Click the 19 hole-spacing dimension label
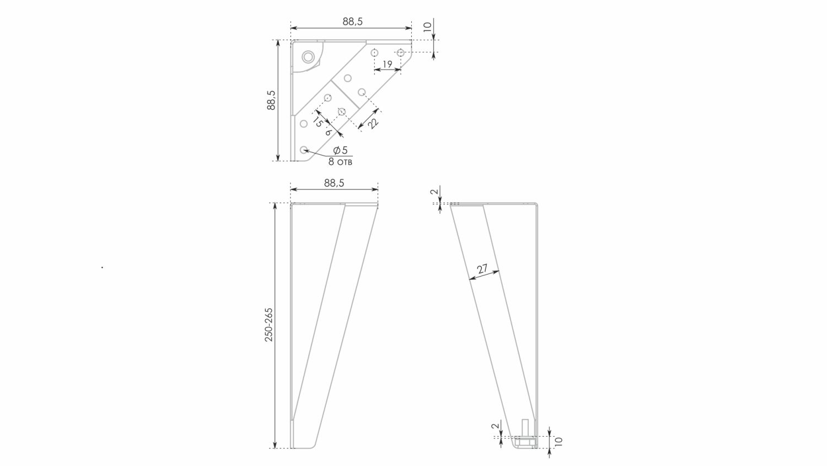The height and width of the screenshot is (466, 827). pyautogui.click(x=387, y=65)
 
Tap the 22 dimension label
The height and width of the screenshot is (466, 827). pyautogui.click(x=373, y=123)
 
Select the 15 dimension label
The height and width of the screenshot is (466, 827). pyautogui.click(x=318, y=121)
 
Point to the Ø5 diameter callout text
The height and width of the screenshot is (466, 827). pyautogui.click(x=340, y=150)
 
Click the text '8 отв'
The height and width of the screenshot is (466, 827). pyautogui.click(x=340, y=162)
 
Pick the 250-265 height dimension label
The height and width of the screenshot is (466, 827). pyautogui.click(x=269, y=325)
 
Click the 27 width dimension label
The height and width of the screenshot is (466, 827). pyautogui.click(x=482, y=269)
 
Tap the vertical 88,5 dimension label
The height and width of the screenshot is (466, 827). pyautogui.click(x=271, y=100)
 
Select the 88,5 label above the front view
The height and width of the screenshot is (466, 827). pyautogui.click(x=334, y=183)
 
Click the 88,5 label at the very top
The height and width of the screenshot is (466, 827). pyautogui.click(x=353, y=22)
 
